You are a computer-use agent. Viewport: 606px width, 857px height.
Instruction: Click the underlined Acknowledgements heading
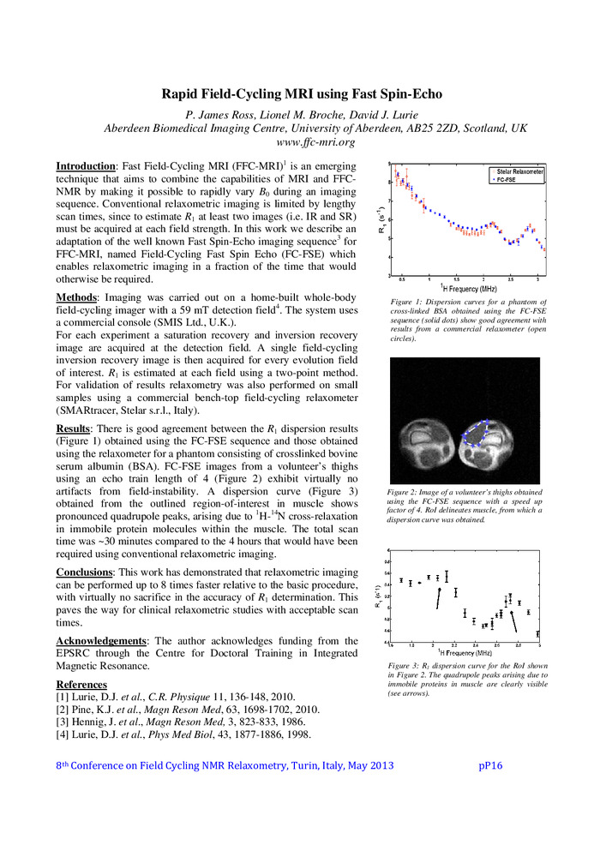pyautogui.click(x=104, y=640)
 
